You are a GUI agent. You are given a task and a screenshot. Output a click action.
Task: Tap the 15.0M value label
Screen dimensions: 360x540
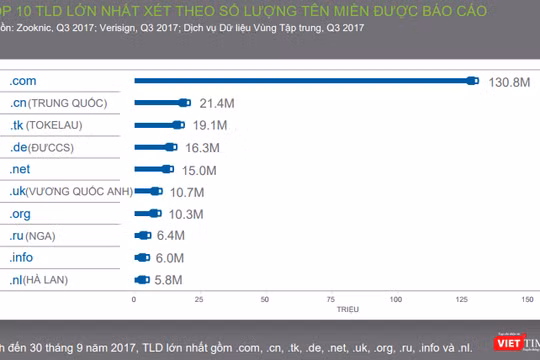198,170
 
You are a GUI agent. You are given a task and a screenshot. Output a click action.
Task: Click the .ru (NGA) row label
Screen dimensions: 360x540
34,236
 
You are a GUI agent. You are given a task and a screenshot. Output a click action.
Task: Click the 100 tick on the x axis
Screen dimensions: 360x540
398,299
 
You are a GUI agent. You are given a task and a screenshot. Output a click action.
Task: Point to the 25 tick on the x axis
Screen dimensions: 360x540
200,299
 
